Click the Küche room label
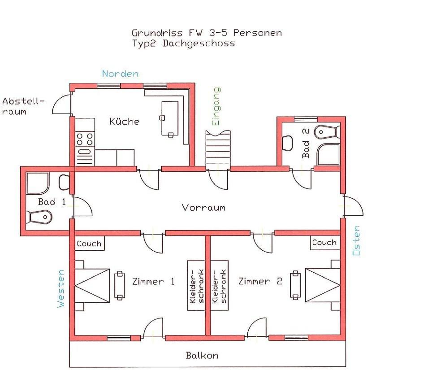(x=124, y=121)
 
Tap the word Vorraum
(x=203, y=207)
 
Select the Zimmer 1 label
(x=153, y=281)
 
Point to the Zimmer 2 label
(x=260, y=281)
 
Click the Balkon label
(x=202, y=355)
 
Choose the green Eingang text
(x=216, y=106)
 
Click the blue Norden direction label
(x=121, y=74)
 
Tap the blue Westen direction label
(x=61, y=288)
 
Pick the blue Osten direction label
(x=356, y=240)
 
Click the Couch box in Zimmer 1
(x=90, y=244)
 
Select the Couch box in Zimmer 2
(x=325, y=243)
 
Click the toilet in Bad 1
(x=39, y=217)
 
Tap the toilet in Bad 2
(x=328, y=132)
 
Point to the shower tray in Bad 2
(x=328, y=154)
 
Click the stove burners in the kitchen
(x=85, y=139)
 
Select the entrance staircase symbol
(x=218, y=151)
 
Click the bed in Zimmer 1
(x=92, y=285)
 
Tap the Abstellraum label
(x=23, y=106)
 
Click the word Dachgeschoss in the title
(x=199, y=44)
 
